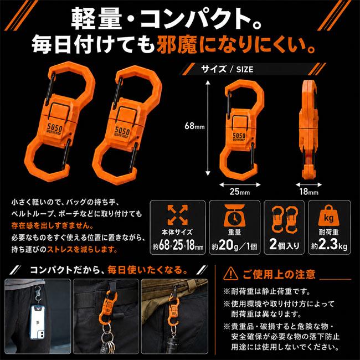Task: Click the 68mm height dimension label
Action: (194, 126)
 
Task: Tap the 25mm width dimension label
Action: (240, 192)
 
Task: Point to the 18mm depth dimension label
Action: (309, 192)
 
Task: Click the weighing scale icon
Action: (234, 215)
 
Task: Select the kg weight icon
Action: (328, 215)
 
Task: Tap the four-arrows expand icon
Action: (177, 215)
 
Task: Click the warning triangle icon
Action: (230, 274)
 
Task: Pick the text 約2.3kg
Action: (329, 245)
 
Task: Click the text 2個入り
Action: (284, 245)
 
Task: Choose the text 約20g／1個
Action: (234, 246)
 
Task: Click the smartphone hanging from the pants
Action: (38, 322)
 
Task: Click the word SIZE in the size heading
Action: (245, 69)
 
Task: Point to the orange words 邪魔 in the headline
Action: (177, 44)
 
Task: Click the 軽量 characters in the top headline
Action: (96, 19)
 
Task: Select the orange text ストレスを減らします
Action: (82, 250)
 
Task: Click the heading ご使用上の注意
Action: (279, 274)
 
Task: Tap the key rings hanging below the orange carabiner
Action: (107, 337)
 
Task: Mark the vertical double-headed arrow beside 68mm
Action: (208, 128)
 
